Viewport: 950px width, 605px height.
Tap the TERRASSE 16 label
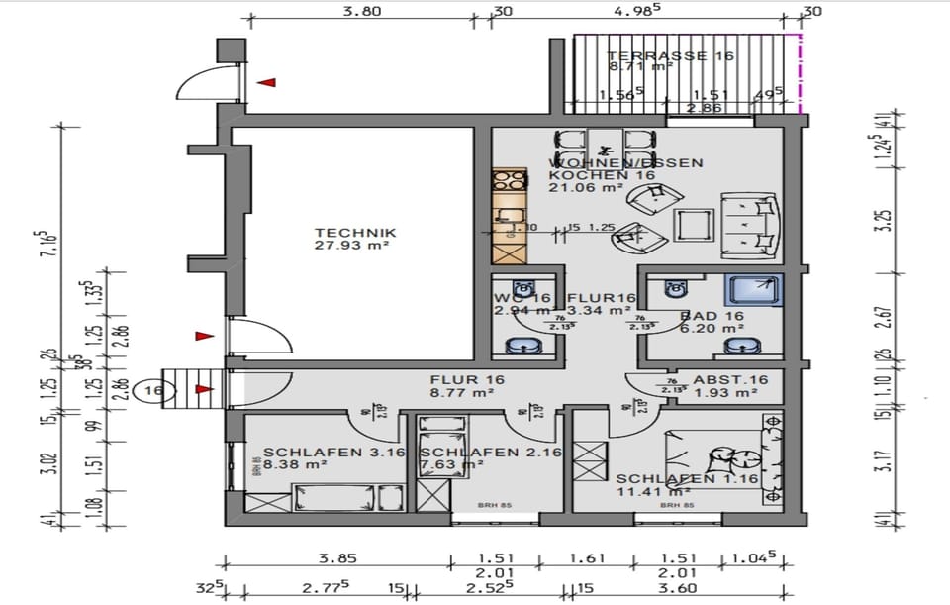(670, 56)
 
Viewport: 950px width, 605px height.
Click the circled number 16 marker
(153, 390)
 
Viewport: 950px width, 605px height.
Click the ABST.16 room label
(730, 380)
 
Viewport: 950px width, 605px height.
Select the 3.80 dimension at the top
(362, 13)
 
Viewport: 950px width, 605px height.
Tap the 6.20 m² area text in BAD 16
(719, 328)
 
